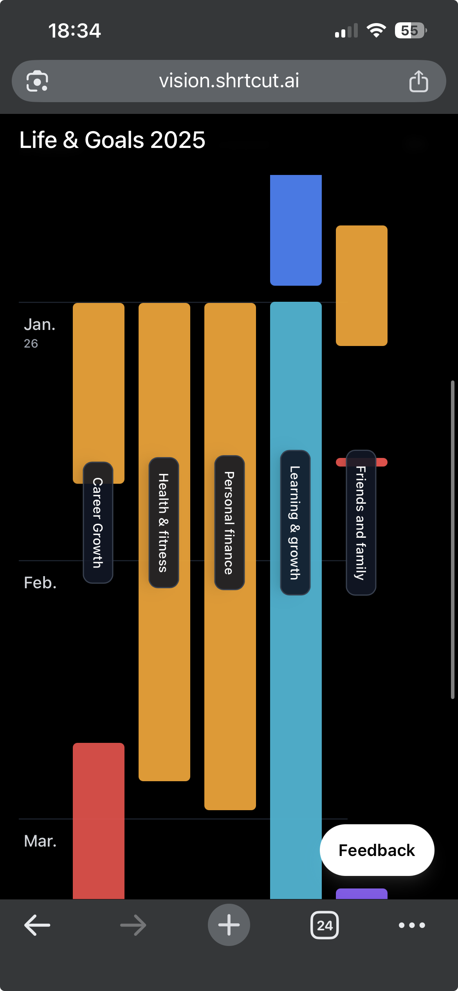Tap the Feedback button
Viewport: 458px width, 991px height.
coord(377,850)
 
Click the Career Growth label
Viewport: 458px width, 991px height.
coord(98,523)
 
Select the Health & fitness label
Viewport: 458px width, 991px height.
coord(164,523)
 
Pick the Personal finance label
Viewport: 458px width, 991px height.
coord(229,523)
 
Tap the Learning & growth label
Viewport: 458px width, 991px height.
coord(295,523)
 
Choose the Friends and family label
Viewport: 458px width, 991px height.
coord(361,523)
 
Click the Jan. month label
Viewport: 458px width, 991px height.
coord(40,325)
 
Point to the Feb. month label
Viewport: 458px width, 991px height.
coord(40,583)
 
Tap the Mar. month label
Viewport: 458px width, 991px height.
coord(40,841)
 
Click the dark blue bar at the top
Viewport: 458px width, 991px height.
coord(296,230)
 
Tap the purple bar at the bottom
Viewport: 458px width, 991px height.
coord(362,894)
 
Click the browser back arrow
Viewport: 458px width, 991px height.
coord(37,925)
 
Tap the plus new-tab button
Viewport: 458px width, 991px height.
coord(229,925)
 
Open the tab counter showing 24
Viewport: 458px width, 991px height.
coord(325,925)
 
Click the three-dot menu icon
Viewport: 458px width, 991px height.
coord(412,925)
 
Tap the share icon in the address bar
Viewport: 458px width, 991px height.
coord(418,81)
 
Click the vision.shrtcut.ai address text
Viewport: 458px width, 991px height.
coord(229,81)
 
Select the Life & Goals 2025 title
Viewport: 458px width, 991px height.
coord(112,140)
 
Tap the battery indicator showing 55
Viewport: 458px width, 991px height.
coord(410,31)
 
